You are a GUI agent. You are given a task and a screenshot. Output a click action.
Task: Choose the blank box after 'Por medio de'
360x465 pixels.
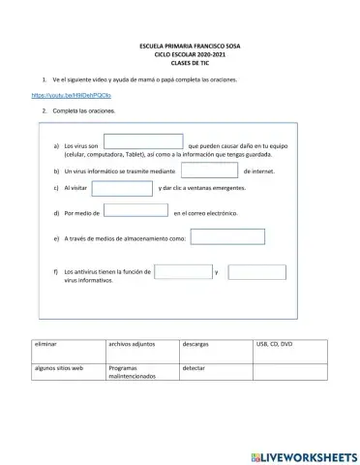135,210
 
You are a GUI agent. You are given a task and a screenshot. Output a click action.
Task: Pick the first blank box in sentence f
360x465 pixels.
183,272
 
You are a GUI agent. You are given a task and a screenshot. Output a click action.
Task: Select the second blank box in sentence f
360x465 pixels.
256,272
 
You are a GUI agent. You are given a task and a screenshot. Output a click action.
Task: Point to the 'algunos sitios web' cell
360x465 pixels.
59,368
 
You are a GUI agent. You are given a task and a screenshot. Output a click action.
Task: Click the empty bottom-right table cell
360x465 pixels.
289,372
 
